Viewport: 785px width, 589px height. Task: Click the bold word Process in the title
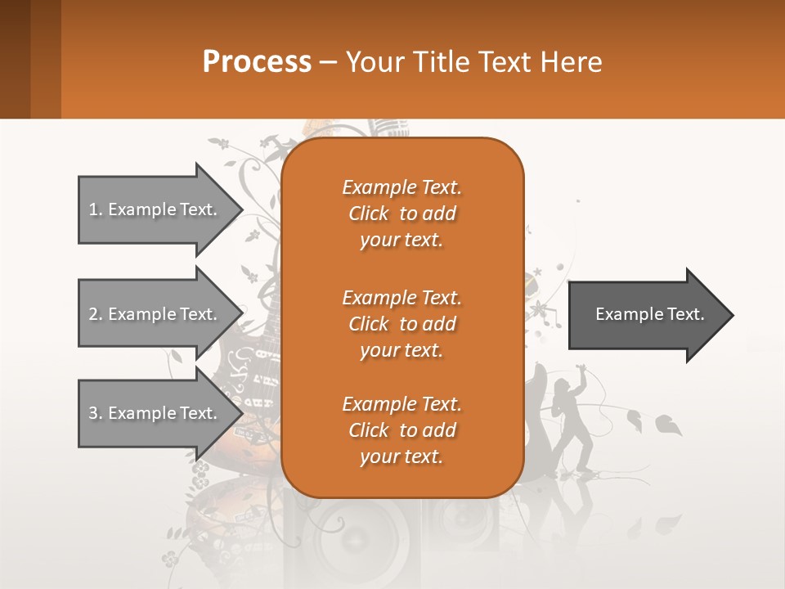click(257, 62)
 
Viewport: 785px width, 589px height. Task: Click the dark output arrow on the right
click(649, 314)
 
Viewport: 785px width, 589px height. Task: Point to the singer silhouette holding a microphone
click(572, 417)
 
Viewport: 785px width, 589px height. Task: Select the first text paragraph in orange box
click(401, 214)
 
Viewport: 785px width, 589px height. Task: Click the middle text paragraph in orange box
click(401, 324)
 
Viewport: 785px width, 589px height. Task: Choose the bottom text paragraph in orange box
click(401, 430)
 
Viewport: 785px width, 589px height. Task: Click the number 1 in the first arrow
click(92, 209)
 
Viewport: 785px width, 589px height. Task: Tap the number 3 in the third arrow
click(92, 413)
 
